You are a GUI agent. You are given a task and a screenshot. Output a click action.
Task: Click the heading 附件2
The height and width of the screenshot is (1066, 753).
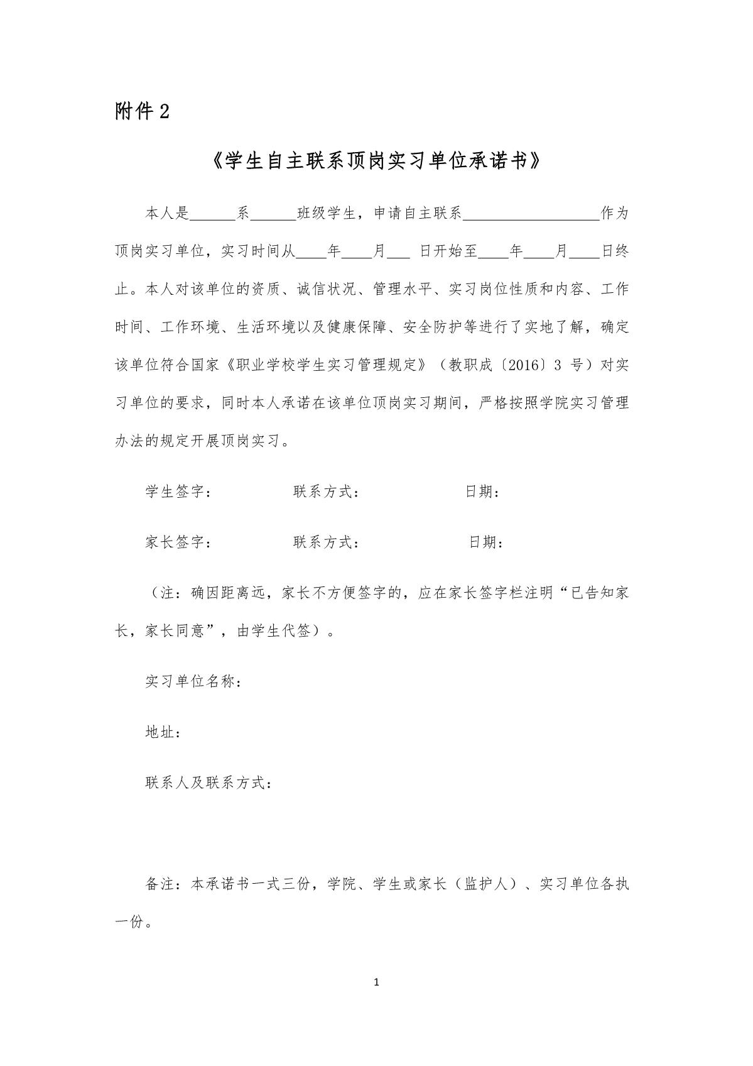coord(142,111)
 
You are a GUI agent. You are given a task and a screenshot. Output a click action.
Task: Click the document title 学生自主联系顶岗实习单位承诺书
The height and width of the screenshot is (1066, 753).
coord(376,162)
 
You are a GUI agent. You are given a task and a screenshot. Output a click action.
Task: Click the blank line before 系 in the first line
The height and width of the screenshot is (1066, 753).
coord(212,215)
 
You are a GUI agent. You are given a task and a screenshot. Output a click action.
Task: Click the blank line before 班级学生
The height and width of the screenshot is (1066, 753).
coord(273,215)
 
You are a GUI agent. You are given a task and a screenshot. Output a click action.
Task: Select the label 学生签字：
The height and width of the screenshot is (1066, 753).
coord(178,492)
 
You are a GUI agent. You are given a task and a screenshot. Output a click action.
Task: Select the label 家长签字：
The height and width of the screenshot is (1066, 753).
coord(178,542)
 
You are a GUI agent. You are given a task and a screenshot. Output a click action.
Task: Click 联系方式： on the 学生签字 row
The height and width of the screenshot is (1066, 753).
coord(326,492)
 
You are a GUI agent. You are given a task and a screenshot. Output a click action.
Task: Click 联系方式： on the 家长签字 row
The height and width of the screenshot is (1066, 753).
coord(326,542)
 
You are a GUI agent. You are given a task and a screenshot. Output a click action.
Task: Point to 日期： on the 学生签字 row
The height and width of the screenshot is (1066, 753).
coord(482,492)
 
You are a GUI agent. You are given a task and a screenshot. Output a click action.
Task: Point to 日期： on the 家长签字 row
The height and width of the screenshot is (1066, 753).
coord(486,542)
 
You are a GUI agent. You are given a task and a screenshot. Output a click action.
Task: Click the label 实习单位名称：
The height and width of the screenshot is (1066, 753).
coord(193,681)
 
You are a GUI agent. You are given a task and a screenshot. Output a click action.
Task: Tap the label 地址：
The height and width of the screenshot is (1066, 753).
coord(163,732)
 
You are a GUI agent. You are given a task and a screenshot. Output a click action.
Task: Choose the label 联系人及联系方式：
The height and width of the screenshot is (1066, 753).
coord(209,783)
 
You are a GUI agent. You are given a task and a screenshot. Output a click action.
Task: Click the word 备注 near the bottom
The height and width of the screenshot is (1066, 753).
coord(160,884)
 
